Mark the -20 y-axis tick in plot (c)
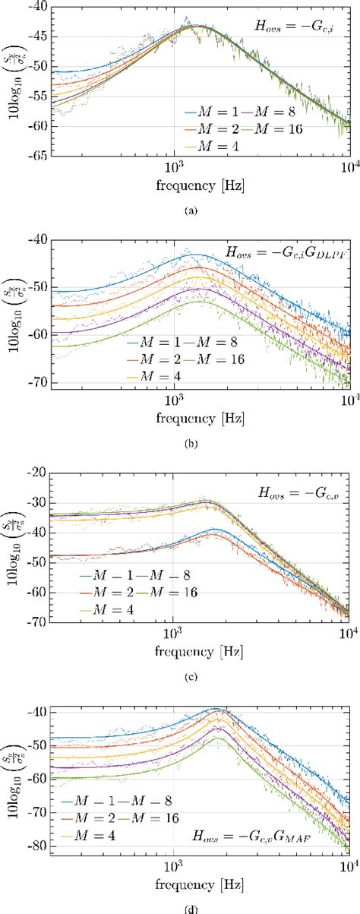tap(37, 472)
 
